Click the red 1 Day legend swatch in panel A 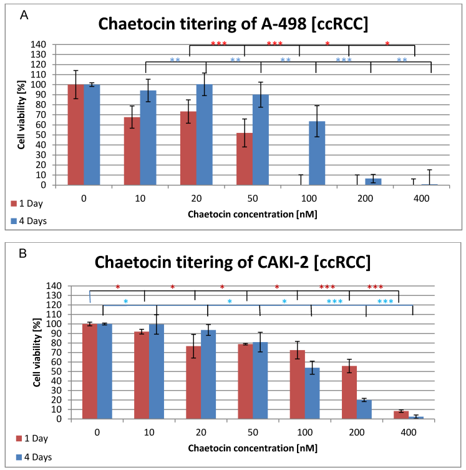(x=13, y=203)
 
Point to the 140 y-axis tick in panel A (x=38, y=45)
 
